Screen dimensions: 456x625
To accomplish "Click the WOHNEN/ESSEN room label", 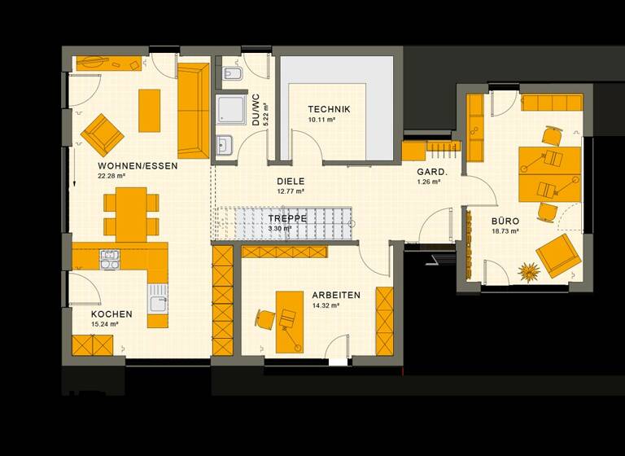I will point(137,165).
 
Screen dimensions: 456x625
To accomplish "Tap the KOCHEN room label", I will point(111,313).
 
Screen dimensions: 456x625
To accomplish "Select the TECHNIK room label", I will point(329,109).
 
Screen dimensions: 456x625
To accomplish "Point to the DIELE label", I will point(290,182).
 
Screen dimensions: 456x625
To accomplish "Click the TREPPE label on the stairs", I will point(286,218).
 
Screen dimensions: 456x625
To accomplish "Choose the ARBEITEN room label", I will point(335,295).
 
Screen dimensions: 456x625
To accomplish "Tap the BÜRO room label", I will point(505,221).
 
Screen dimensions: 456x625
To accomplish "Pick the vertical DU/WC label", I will point(256,109).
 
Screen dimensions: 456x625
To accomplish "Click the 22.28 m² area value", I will point(111,176).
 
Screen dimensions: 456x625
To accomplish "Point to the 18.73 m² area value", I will point(505,231).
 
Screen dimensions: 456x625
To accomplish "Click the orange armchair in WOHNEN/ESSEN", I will point(102,134).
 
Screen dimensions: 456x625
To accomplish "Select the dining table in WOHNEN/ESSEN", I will point(130,212).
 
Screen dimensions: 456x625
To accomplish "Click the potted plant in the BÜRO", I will point(530,272).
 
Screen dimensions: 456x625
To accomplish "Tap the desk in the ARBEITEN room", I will point(286,321).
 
